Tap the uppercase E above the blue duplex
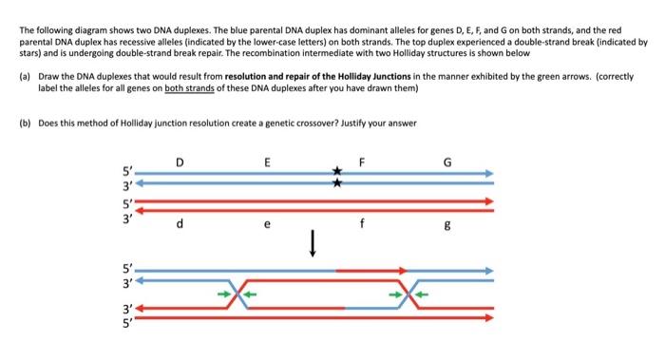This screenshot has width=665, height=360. tap(267, 160)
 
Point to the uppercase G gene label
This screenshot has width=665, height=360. tap(448, 160)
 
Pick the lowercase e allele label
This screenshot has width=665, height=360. tap(267, 226)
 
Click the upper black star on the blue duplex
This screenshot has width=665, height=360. tap(335, 171)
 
